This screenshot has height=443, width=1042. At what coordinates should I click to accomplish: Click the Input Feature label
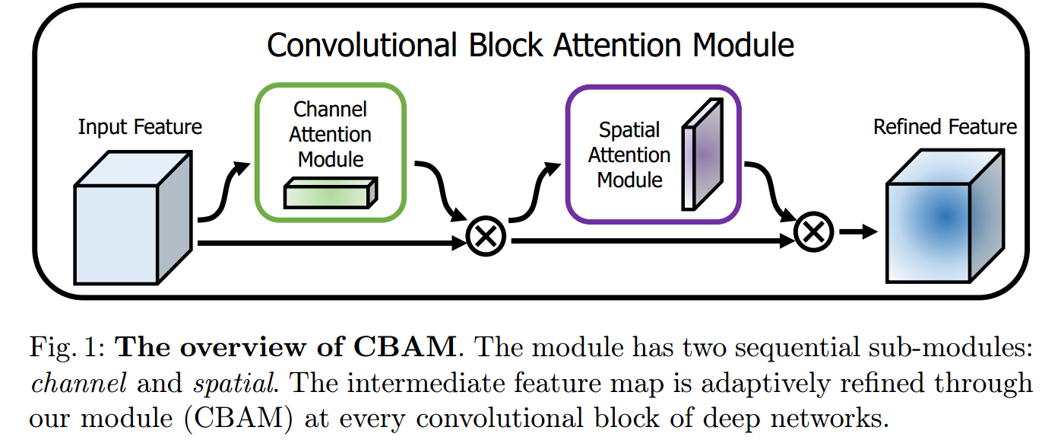(140, 127)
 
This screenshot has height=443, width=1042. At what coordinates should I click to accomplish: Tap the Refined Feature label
(945, 127)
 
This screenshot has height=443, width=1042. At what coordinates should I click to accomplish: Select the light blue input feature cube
(133, 217)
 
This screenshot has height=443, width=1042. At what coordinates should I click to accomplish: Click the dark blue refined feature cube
(945, 216)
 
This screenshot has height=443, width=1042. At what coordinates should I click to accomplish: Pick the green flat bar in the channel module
(331, 193)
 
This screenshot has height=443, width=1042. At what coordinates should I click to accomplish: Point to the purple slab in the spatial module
(702, 155)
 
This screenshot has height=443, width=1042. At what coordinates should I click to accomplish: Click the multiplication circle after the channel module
(486, 236)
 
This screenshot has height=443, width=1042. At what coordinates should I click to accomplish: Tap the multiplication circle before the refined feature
(813, 232)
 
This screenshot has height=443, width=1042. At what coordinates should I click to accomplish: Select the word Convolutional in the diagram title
(362, 45)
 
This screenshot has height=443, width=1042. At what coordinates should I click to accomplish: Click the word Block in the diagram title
(505, 45)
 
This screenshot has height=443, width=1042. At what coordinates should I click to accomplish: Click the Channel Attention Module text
(331, 134)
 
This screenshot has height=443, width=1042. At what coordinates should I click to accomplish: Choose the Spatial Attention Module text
(629, 155)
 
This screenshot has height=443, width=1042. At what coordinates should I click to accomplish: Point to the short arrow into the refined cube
(858, 231)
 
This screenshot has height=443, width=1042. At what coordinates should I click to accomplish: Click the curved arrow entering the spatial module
(535, 190)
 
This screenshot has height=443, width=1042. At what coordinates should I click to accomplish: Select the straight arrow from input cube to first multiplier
(331, 243)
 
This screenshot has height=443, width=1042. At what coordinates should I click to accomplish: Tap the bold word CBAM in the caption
(404, 348)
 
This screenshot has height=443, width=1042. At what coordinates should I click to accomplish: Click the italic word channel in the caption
(78, 384)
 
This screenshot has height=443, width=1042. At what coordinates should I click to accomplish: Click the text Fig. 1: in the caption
(68, 348)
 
